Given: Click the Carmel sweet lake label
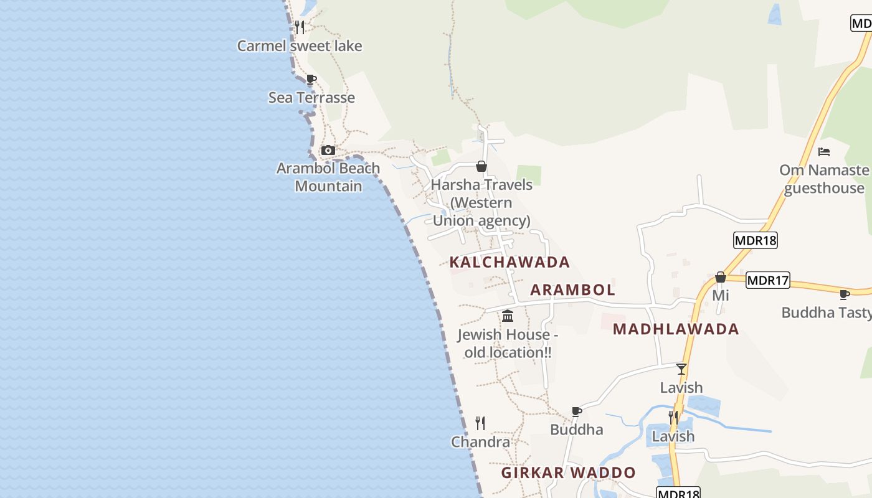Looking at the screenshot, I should pos(300,46).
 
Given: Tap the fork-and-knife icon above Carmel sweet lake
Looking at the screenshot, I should pos(300,27).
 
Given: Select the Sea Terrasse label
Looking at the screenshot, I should pos(311,98).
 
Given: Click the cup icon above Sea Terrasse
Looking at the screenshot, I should pos(311,79).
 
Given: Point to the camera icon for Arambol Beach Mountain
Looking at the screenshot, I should pos(328,150).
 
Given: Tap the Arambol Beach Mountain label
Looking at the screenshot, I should pos(328,177).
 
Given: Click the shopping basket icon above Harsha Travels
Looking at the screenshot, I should pos(481,166).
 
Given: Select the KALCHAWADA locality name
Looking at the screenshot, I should pos(509,262).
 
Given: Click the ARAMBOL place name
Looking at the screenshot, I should pos(572,290).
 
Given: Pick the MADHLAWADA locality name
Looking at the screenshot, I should pos(676,329).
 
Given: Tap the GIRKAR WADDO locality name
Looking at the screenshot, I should pos(569,473).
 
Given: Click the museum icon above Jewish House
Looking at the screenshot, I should pos(508,316).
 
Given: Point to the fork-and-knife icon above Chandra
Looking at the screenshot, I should pos(480,423).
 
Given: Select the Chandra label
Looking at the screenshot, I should pos(480,442).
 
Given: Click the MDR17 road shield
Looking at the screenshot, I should pos(767,281).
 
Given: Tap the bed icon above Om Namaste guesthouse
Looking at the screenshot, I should pos(824,152).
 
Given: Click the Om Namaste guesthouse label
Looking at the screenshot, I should pos(825,179).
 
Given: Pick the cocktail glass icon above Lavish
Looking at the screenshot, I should pos(681,369).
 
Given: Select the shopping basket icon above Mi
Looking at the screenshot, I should pos(721,277).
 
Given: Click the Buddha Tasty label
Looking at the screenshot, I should pos(827,312).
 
